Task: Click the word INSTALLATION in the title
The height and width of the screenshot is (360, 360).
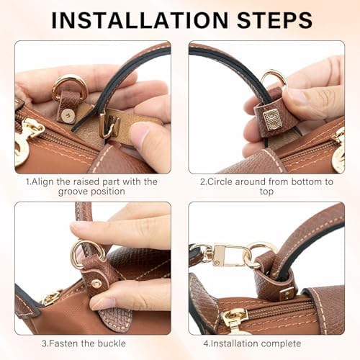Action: click(140, 20)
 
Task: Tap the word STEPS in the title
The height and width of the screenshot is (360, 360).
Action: click(274, 20)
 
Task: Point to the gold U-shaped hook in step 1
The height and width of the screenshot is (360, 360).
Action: click(110, 126)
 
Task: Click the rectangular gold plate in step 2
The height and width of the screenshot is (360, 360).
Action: click(271, 120)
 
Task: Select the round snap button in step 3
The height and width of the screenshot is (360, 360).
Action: click(96, 284)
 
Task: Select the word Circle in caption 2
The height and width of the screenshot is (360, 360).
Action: click(220, 181)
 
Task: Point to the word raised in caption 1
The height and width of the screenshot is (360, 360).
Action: click(86, 181)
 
